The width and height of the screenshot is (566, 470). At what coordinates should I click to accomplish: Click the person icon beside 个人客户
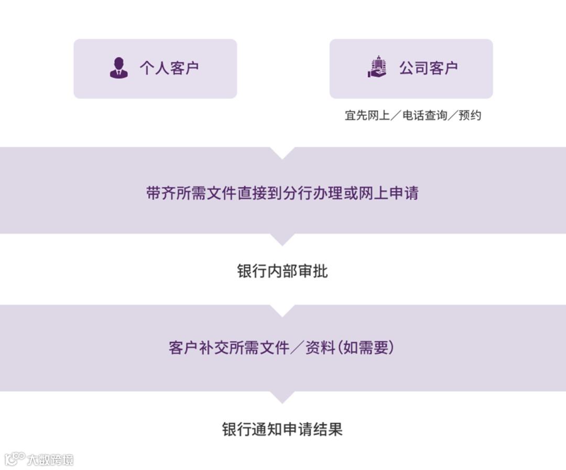point(118,68)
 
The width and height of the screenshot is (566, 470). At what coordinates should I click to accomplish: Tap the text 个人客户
point(169,68)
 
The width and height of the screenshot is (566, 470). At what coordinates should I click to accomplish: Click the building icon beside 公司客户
point(377,68)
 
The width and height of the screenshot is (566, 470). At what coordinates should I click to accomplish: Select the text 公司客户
point(428,68)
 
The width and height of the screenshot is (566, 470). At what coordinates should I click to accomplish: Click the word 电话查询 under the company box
point(424,115)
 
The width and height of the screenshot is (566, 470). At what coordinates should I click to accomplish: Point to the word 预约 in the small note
point(470,115)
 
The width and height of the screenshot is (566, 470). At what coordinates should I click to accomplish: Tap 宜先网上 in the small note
point(367,115)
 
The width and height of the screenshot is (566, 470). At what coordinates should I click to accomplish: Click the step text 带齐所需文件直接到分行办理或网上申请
point(282,193)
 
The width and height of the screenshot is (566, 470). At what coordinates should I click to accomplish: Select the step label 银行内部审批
point(282,271)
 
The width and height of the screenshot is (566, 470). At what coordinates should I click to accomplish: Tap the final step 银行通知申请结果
point(282,429)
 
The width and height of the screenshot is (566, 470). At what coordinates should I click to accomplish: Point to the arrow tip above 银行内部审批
point(282,241)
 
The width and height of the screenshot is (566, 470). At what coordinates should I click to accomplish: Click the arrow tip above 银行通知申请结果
point(282,399)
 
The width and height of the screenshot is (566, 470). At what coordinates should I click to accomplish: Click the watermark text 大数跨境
point(50,460)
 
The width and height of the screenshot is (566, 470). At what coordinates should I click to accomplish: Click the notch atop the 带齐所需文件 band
point(282,152)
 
